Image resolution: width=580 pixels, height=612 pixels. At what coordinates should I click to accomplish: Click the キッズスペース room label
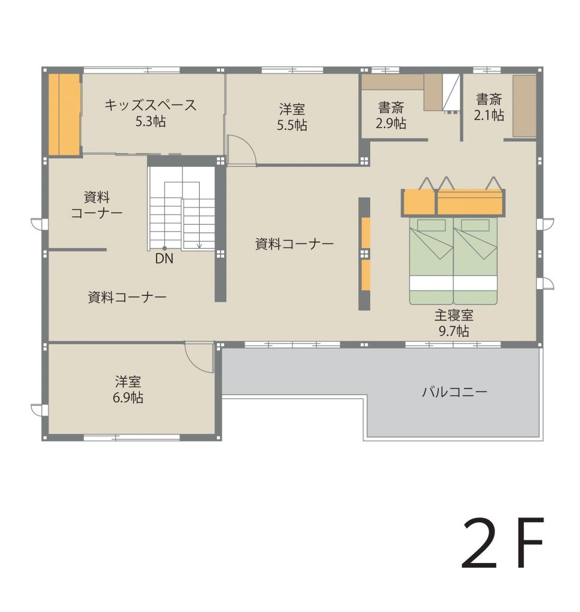tap(150, 105)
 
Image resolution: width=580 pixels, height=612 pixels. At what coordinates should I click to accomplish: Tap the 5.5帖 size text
tap(292, 125)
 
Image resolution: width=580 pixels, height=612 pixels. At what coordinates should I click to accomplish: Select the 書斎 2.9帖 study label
tap(390, 115)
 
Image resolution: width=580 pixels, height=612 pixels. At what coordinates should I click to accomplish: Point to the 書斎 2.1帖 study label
tap(489, 107)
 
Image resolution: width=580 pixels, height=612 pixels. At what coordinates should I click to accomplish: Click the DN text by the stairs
tap(164, 258)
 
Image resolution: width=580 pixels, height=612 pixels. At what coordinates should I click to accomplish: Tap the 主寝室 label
tap(453, 316)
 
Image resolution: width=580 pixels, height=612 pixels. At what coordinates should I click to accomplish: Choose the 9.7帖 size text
tap(453, 331)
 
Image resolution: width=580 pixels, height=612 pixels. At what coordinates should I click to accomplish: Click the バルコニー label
tap(454, 391)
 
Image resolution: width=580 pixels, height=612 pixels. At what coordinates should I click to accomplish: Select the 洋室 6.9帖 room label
tap(128, 389)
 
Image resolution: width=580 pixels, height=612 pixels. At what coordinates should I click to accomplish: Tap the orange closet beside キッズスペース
tap(65, 114)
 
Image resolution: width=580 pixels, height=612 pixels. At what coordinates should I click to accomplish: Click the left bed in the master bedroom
tap(431, 261)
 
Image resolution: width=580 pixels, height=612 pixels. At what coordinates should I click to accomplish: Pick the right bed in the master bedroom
tap(475, 261)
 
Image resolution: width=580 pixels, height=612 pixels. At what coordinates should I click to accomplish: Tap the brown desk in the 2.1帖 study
tap(524, 106)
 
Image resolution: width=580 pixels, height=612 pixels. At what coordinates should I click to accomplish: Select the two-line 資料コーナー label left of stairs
tap(96, 205)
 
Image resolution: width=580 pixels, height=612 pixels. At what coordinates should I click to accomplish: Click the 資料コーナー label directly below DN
tap(127, 298)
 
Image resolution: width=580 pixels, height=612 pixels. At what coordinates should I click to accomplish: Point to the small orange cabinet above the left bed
tap(419, 202)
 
